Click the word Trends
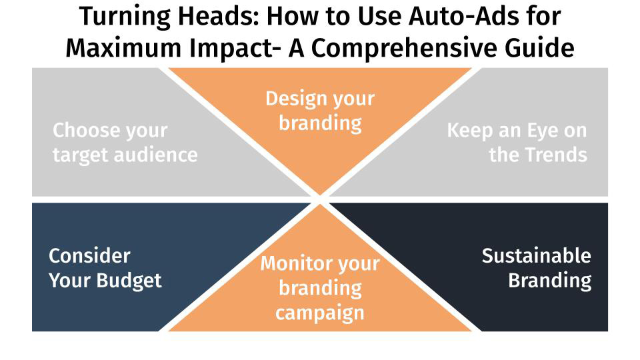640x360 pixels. (555, 155)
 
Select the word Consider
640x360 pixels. (89, 255)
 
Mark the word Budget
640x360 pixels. (133, 280)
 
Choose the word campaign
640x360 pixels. (320, 312)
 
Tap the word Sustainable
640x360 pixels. (536, 255)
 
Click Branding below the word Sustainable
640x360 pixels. (549, 280)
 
